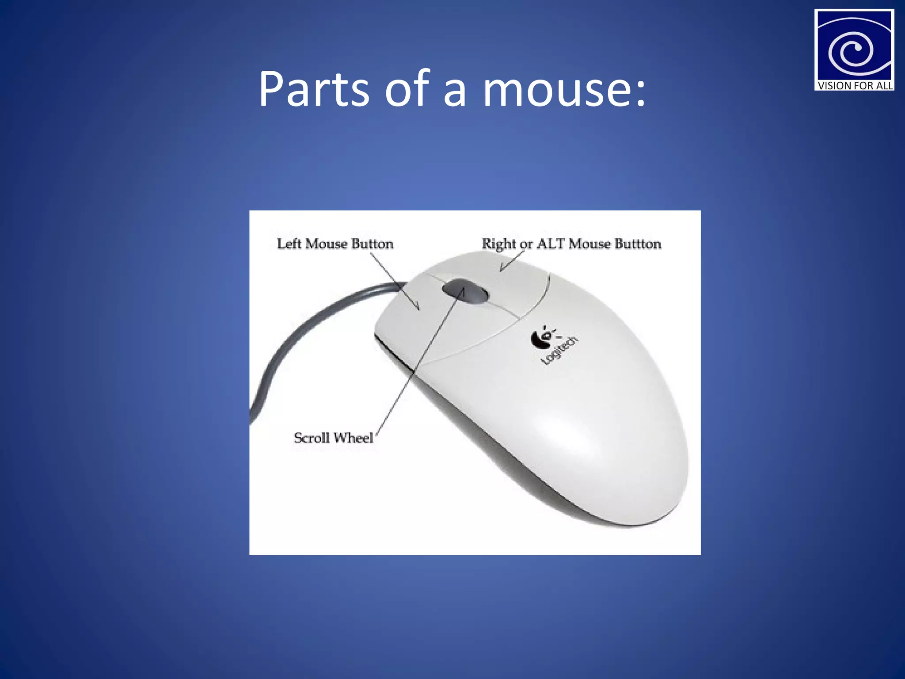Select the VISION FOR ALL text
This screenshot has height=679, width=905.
click(855, 86)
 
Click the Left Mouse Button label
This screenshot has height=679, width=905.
click(335, 244)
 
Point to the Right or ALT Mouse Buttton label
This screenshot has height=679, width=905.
click(571, 244)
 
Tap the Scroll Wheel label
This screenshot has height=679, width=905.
click(333, 438)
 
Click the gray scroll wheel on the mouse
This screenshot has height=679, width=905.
click(465, 291)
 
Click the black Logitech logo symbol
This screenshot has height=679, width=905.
click(540, 338)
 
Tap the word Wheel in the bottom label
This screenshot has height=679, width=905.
click(353, 438)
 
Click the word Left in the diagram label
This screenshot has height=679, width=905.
click(289, 244)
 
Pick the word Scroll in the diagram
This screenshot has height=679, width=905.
click(312, 438)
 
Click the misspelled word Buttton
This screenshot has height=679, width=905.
click(638, 244)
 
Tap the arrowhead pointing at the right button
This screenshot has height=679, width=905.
click(502, 269)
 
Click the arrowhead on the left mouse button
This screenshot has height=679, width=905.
click(417, 307)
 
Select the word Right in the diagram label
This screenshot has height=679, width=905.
click(498, 244)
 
